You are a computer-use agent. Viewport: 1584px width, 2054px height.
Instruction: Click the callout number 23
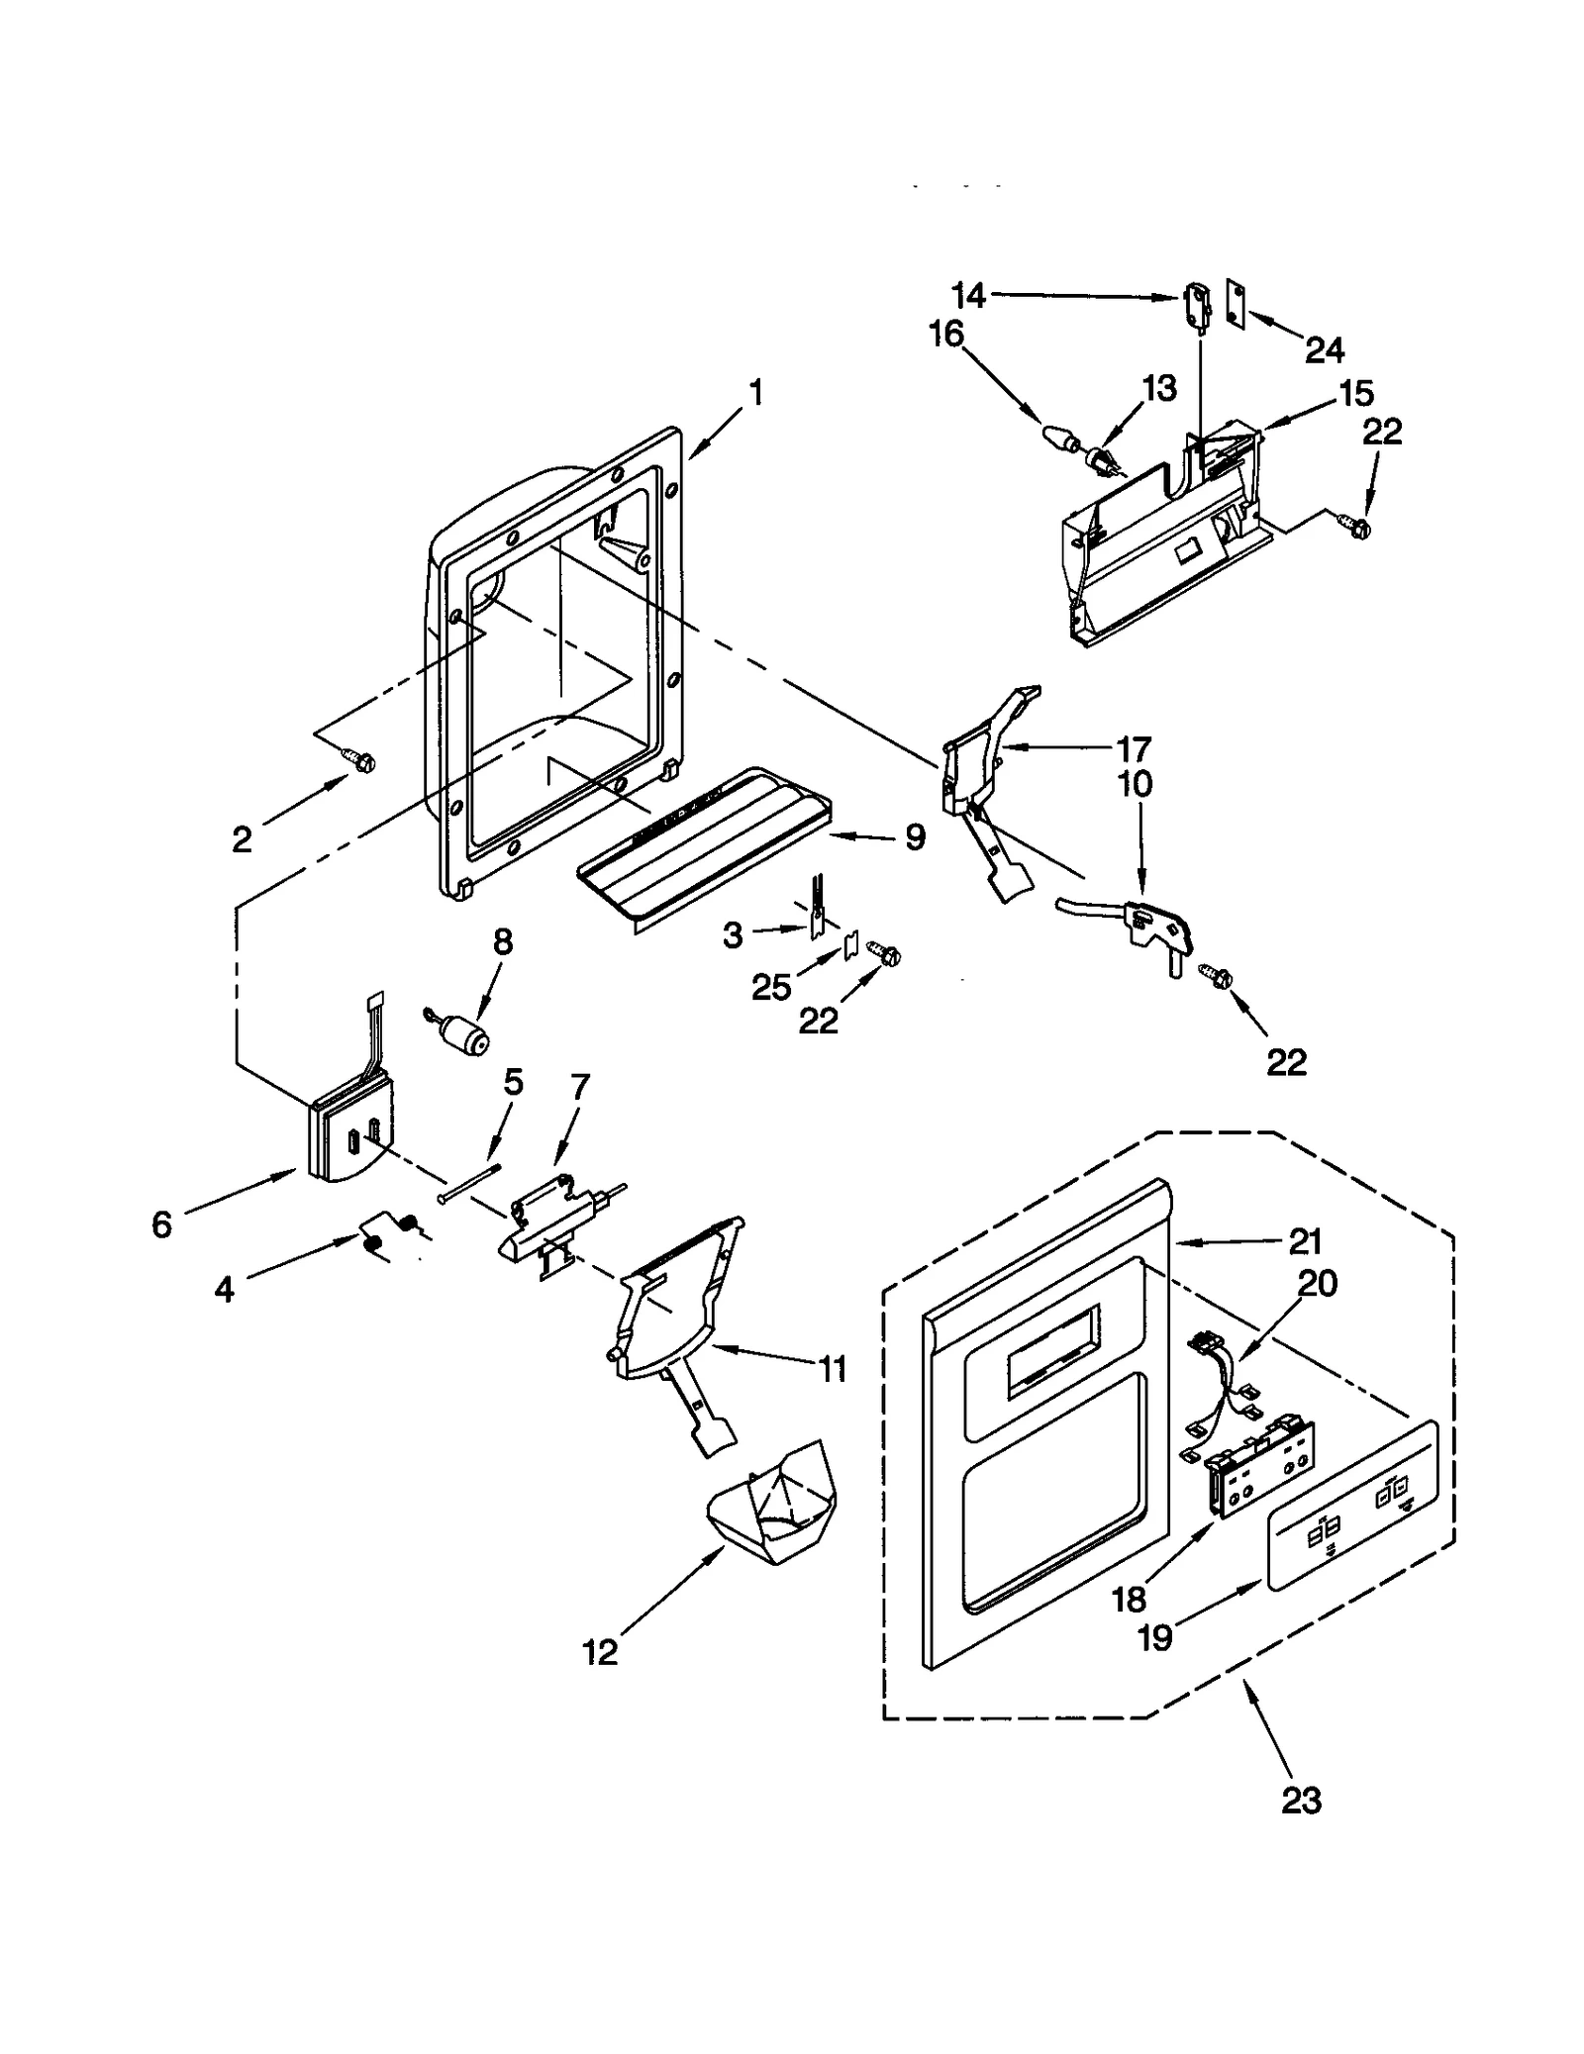tap(1300, 1801)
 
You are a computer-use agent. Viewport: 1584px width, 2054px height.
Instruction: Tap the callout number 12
tap(600, 1651)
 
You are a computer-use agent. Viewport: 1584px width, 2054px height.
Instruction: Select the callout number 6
tap(161, 1224)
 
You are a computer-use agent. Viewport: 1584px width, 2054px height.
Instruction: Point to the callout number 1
tap(755, 394)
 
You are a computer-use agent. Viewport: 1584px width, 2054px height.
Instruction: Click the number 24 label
tap(1324, 349)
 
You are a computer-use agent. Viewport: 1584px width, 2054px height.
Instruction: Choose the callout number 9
tap(914, 837)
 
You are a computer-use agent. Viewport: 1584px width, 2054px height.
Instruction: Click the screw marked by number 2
tap(359, 759)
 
